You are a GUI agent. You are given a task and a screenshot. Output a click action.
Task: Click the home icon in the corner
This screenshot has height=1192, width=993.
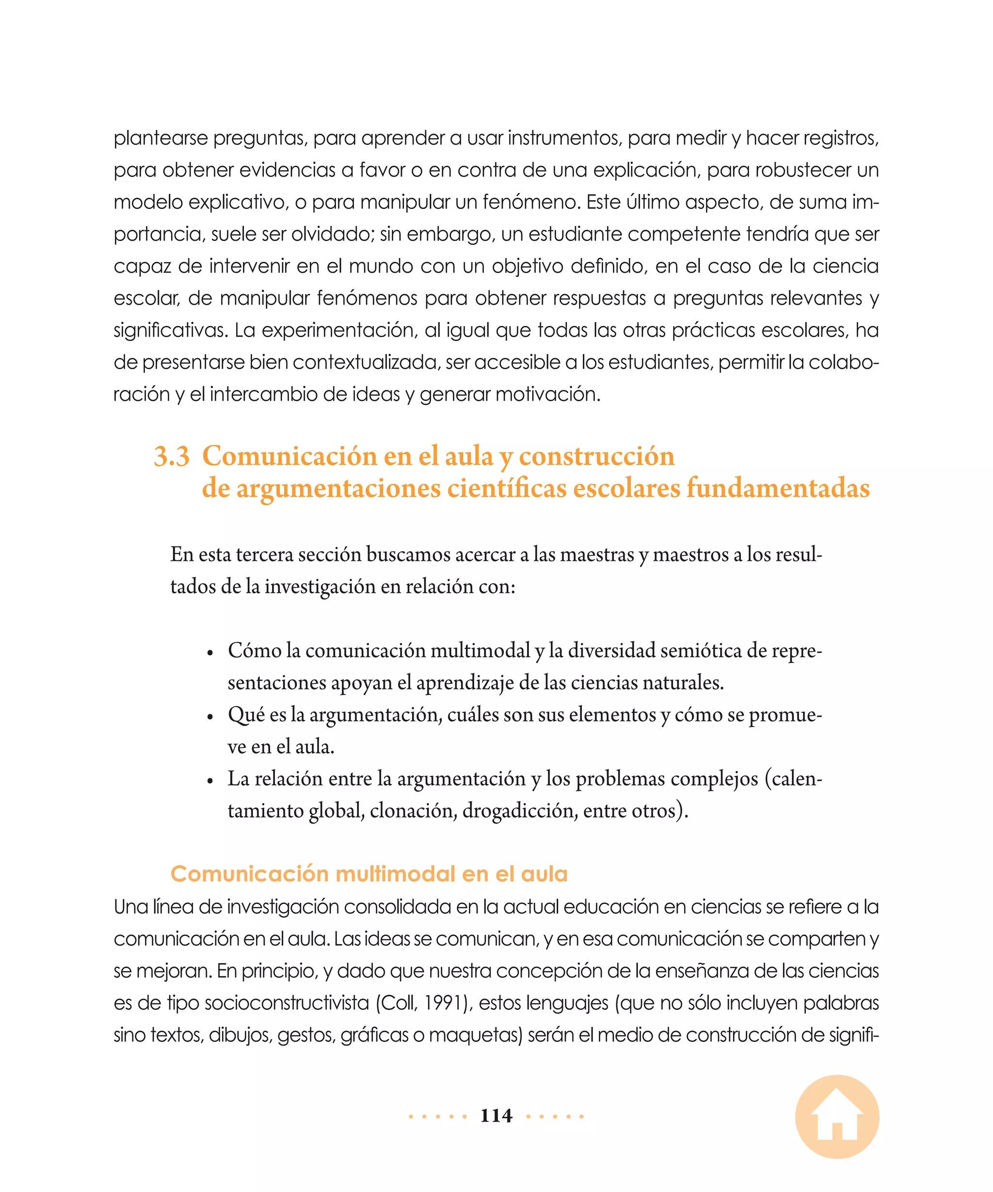837,1116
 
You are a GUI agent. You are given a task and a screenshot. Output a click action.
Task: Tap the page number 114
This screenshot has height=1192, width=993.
496,1115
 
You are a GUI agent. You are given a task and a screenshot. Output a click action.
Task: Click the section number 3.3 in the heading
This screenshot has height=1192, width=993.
171,456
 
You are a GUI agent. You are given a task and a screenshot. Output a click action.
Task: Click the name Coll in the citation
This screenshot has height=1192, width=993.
399,1003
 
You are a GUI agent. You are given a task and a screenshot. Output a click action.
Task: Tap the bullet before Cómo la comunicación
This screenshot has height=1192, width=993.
210,653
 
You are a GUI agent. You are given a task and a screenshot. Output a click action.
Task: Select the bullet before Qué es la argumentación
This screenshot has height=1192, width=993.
210,717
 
